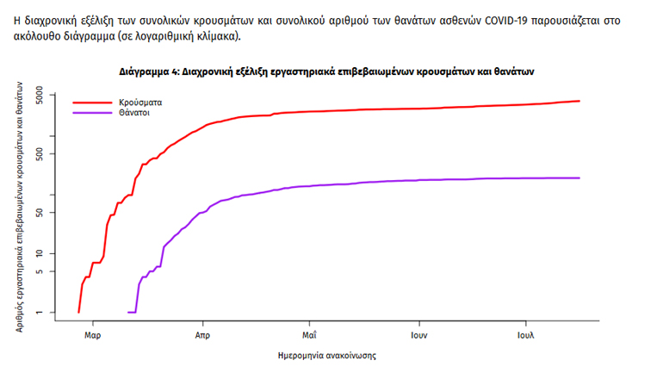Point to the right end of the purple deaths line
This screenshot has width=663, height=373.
(x=579, y=178)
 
